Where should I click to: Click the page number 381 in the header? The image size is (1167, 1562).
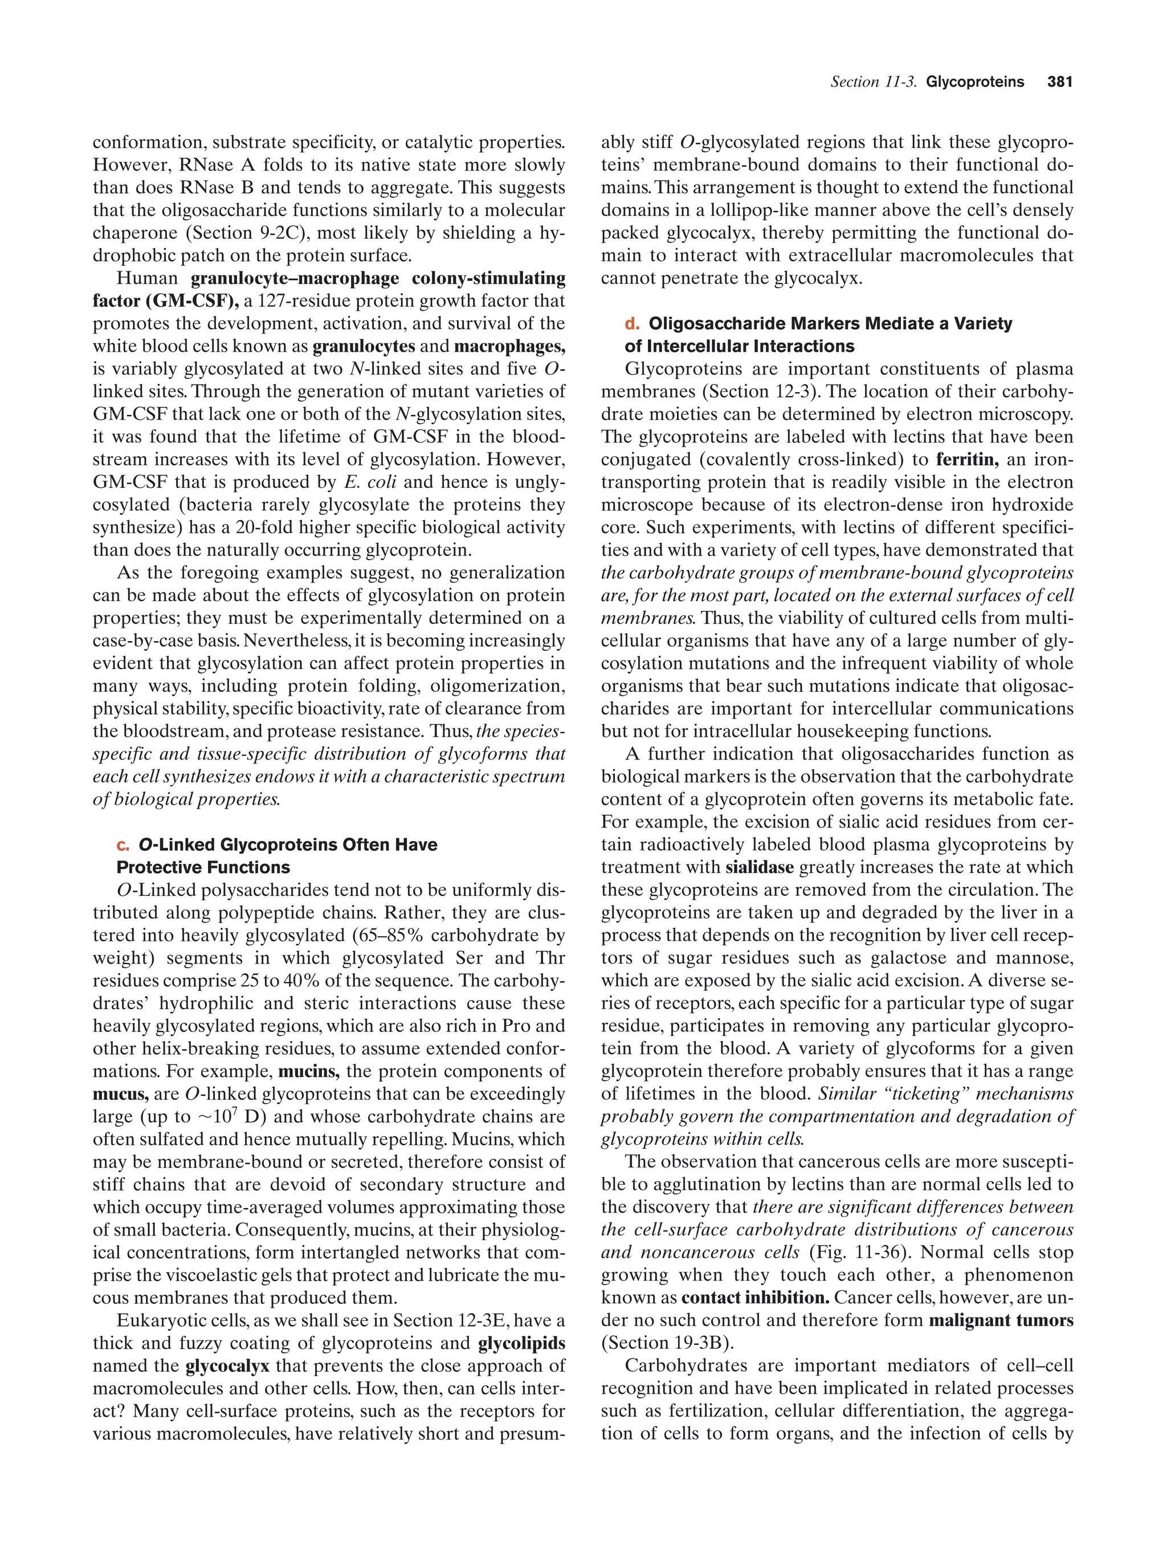1060,82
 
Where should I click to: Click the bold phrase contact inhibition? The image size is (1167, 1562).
756,1297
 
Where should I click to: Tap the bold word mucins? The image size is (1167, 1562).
309,1071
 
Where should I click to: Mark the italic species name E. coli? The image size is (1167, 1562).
363,482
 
